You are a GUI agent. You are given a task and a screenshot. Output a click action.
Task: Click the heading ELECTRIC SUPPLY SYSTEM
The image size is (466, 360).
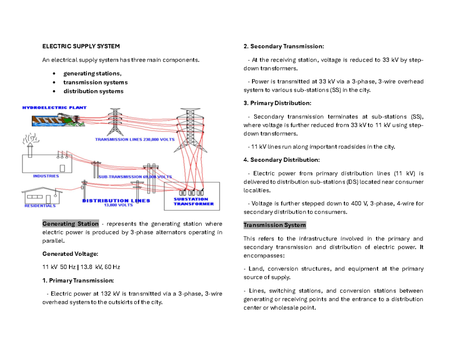pos(81,47)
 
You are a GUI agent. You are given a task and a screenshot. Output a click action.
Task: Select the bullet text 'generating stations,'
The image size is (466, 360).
pos(92,73)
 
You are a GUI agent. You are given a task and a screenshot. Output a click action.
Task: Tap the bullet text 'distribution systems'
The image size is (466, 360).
pos(94,91)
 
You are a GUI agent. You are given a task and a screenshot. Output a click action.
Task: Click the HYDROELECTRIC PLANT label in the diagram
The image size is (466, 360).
pos(54,108)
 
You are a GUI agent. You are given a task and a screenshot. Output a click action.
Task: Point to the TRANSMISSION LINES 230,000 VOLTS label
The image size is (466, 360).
pos(135,139)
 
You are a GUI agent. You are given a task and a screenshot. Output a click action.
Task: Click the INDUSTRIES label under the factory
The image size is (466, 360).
pos(46,176)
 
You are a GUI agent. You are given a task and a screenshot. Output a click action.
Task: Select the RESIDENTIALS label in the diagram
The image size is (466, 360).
pos(40,206)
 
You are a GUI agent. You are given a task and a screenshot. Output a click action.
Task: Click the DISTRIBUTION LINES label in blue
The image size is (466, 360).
pos(116,201)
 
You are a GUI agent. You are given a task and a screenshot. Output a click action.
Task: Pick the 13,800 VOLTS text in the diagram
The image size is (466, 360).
pos(118,205)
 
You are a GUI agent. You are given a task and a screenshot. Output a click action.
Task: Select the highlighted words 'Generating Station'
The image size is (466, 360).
pos(70,224)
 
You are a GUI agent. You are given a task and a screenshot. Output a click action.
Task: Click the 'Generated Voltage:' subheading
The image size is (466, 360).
pos(70,254)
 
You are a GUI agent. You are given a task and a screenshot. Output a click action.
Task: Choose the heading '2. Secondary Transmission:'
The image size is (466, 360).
pos(283,47)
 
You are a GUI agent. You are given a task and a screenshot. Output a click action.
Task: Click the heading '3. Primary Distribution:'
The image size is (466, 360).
pos(277,103)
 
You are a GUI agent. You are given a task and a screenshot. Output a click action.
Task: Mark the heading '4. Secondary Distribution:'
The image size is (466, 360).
pos(282,160)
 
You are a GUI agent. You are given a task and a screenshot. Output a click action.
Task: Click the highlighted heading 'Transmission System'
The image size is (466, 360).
pos(275,225)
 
